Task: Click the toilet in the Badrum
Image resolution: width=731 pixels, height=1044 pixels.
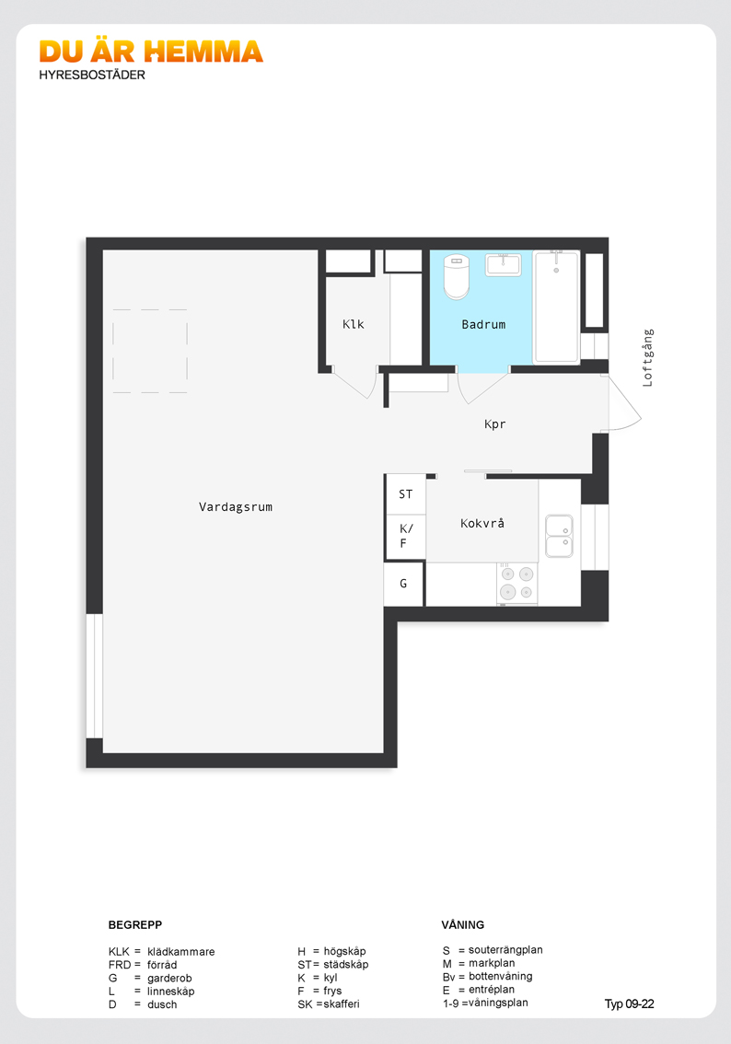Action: (457, 276)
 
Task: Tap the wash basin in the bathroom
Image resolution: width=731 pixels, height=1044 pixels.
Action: (504, 264)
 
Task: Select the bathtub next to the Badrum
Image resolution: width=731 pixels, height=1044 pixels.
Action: (556, 307)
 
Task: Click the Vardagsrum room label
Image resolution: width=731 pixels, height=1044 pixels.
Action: (236, 506)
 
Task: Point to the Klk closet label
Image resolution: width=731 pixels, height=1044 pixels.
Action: (353, 324)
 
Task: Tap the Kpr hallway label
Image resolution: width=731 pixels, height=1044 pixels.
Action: (494, 424)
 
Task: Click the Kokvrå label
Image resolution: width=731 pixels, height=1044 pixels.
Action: (482, 523)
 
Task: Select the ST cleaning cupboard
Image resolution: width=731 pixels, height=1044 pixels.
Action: (405, 494)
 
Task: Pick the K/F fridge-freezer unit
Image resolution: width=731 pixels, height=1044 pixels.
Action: (405, 537)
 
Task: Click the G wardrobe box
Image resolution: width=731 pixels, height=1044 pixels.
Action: (403, 584)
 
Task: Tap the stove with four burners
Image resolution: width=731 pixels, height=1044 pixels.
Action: (516, 584)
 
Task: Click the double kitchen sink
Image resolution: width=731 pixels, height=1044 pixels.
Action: (559, 535)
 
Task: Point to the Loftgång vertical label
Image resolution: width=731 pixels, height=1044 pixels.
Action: (648, 357)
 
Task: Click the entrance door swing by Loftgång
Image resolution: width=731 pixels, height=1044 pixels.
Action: (623, 403)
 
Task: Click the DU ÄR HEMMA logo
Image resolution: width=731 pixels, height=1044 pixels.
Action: (151, 52)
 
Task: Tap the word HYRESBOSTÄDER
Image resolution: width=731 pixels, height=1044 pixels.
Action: (92, 75)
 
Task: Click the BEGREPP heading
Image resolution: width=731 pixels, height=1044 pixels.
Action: (135, 925)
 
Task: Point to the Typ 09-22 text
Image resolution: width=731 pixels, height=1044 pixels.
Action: (629, 1004)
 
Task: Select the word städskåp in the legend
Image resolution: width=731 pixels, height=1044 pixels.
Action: (345, 964)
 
